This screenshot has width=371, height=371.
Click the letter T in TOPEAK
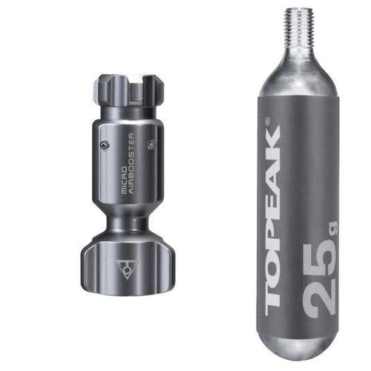272,293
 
